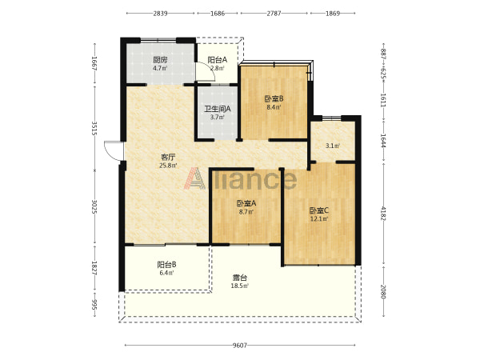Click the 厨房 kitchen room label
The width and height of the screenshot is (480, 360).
pyautogui.click(x=160, y=60)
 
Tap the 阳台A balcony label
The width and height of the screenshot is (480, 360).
pyautogui.click(x=218, y=60)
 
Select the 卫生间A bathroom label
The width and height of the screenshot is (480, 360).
pyautogui.click(x=218, y=109)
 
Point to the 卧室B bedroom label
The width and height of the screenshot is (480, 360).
pyautogui.click(x=274, y=99)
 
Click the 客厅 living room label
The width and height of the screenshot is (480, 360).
pyautogui.click(x=168, y=158)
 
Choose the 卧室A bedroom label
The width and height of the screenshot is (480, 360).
pyautogui.click(x=246, y=203)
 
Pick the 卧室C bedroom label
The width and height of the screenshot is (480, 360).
pyautogui.click(x=318, y=210)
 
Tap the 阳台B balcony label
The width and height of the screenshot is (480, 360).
pyautogui.click(x=166, y=265)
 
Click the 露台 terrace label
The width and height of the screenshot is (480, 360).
pyautogui.click(x=239, y=278)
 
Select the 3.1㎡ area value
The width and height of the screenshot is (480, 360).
pyautogui.click(x=333, y=146)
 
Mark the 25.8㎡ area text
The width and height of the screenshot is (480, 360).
pyautogui.click(x=168, y=166)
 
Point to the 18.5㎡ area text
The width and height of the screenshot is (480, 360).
pyautogui.click(x=239, y=286)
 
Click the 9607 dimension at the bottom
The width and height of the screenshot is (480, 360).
pyautogui.click(x=240, y=346)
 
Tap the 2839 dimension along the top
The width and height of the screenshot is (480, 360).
pyautogui.click(x=160, y=14)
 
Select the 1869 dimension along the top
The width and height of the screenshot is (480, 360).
pyautogui.click(x=333, y=14)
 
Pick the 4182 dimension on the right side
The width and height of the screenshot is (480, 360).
pyautogui.click(x=383, y=214)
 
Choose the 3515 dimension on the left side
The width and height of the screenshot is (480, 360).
pyautogui.click(x=94, y=128)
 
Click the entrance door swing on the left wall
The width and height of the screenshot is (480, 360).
pyautogui.click(x=114, y=150)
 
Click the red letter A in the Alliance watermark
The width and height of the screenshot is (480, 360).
pyautogui.click(x=194, y=178)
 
